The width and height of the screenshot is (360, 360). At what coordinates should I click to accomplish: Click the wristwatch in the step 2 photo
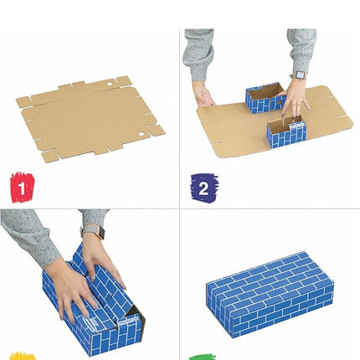tap(300, 75)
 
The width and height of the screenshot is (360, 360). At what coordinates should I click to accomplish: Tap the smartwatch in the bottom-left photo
tap(90, 231)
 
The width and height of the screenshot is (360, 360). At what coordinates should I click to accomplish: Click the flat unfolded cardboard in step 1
tap(88, 117)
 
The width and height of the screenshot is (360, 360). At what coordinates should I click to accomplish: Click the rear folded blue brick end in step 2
tap(265, 99)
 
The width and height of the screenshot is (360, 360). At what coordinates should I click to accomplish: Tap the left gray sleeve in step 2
tap(199, 55)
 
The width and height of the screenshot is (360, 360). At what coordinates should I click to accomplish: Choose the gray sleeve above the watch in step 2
tap(301, 50)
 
